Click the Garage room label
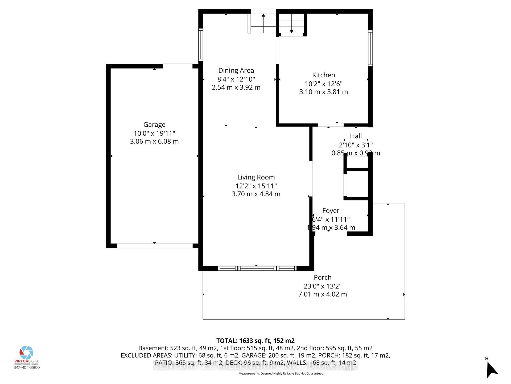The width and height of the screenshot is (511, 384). tap(154, 125)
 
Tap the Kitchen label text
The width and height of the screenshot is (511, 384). tap(323, 75)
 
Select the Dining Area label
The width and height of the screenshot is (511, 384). tap(236, 70)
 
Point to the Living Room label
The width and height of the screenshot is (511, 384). tap(256, 177)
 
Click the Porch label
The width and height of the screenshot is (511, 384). tap(323, 277)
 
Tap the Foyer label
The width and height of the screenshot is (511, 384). tap(331, 211)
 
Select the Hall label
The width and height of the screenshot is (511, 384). tap(356, 136)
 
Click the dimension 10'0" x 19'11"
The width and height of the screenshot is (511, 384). tap(154, 133)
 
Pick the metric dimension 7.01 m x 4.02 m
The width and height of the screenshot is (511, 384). tap(323, 294)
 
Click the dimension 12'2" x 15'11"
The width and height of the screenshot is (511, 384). tap(256, 186)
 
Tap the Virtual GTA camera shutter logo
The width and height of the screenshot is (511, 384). tap(27, 353)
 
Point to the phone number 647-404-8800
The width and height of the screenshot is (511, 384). tap(27, 367)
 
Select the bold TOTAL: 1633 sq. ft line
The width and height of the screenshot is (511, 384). tap(255, 341)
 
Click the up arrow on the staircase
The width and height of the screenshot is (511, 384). tap(263, 15)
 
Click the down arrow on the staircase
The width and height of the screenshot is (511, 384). tap(291, 31)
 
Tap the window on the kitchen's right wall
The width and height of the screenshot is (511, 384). tap(370, 48)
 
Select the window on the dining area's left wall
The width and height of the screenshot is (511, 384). tap(201, 45)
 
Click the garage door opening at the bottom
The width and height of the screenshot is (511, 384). tap(155, 246)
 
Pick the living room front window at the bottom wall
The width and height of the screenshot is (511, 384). tap(257, 268)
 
